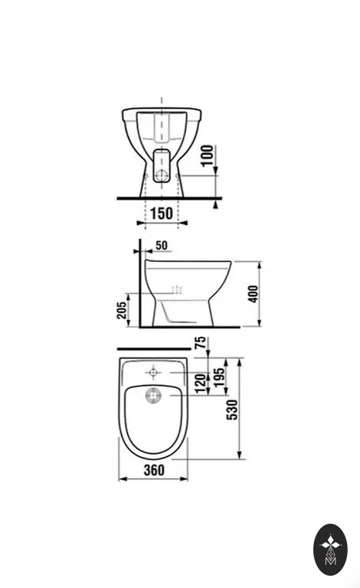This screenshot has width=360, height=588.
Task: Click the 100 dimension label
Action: pyautogui.click(x=208, y=155)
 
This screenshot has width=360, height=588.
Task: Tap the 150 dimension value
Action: pyautogui.click(x=162, y=214)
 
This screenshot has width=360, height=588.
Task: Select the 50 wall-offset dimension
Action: pyautogui.click(x=162, y=245)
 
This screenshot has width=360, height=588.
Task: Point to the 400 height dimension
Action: pyautogui.click(x=253, y=294)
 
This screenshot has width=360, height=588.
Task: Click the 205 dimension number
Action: pyautogui.click(x=122, y=310)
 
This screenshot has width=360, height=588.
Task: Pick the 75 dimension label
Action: pyautogui.click(x=201, y=343)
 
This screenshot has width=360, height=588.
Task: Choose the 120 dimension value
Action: pyautogui.click(x=201, y=384)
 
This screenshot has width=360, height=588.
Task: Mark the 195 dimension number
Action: pyautogui.click(x=219, y=377)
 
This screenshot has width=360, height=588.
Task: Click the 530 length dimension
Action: pyautogui.click(x=232, y=410)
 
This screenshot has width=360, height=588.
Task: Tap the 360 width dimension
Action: pyautogui.click(x=154, y=470)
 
